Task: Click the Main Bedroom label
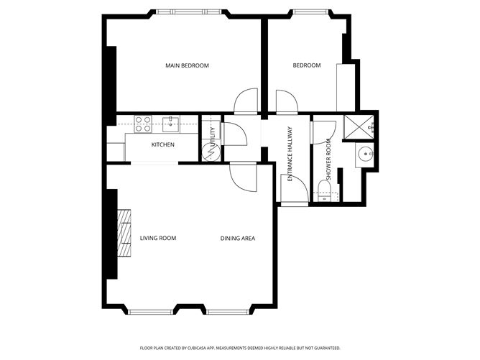[x=187, y=65]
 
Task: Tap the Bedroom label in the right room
[x=307, y=65]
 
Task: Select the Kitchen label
[x=163, y=144]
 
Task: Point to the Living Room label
[x=158, y=238]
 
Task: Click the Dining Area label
[x=238, y=238]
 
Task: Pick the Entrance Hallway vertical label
[x=290, y=154]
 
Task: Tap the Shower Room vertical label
[x=329, y=160]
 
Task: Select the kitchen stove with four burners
[x=143, y=124]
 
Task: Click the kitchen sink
[x=170, y=124]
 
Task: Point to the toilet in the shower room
[x=324, y=190]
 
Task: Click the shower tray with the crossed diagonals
[x=359, y=126]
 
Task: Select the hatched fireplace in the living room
[x=124, y=234]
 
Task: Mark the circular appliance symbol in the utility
[x=211, y=152]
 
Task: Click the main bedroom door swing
[x=246, y=101]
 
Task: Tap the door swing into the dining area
[x=243, y=177]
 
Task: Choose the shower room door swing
[x=323, y=132]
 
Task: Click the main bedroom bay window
[x=188, y=12]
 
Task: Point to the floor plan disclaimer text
[x=240, y=348]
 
